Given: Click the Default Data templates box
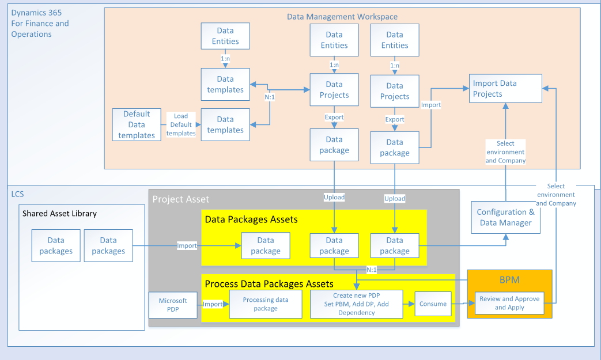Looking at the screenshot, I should (137, 124).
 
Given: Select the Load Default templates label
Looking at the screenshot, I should (181, 124).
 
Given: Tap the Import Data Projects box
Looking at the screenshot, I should (505, 89).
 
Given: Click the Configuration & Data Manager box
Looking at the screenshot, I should (505, 217).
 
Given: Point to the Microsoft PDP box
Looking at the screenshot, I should (173, 305).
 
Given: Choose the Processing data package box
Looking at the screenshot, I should (266, 304).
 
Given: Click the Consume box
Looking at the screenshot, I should (433, 304).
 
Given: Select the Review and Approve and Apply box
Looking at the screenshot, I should (509, 303).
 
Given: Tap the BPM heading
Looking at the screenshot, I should (509, 280).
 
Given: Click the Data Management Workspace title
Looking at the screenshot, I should (342, 17).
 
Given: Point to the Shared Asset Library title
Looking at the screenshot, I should (59, 213).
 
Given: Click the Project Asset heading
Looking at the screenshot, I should (181, 199).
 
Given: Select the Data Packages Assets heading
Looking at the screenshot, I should (251, 219).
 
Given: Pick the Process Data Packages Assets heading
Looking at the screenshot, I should (269, 283).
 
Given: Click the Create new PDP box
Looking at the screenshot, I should (356, 304).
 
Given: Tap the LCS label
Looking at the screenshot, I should (18, 195).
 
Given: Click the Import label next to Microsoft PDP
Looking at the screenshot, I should (213, 305).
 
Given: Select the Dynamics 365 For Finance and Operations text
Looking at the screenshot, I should (40, 23).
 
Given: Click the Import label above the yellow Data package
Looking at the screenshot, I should (187, 246).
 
